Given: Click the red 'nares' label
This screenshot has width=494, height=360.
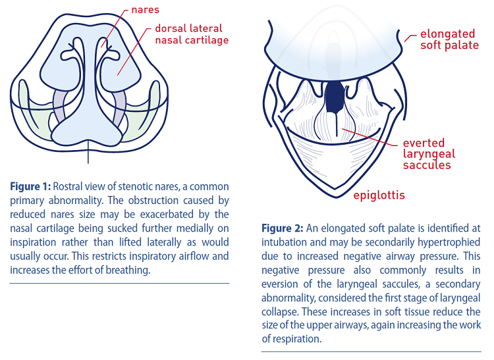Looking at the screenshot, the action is click(146, 10).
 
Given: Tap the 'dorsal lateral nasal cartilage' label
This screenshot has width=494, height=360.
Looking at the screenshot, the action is click(192, 34).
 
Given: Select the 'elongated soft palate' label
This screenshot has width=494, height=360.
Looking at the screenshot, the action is click(450, 39).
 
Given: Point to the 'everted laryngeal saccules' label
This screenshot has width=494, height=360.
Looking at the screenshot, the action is click(429, 154).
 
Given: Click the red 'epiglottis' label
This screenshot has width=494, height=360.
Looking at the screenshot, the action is click(379, 195).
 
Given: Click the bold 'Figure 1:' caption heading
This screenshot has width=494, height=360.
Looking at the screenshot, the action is click(30, 187).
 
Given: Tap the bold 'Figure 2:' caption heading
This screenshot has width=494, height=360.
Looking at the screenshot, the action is click(283, 228).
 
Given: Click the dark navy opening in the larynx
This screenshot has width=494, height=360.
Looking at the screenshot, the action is click(335, 97).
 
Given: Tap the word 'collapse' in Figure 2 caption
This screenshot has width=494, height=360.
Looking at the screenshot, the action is click(280, 312).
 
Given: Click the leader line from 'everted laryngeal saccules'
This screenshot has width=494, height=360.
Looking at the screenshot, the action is click(370, 137).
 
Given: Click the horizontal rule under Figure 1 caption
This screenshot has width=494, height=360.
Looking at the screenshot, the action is click(119, 283).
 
